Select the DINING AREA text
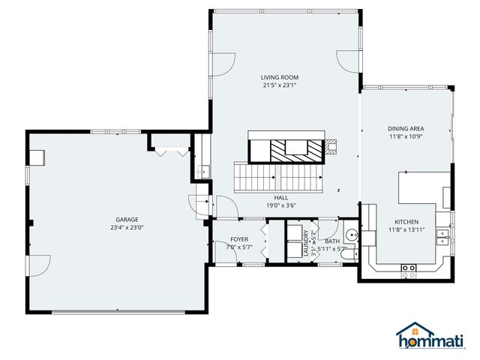406,129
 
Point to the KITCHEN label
406,222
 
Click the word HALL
281,197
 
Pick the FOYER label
239,239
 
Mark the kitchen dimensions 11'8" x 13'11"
406,230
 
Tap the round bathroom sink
352,235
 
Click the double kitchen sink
443,237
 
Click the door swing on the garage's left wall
39,265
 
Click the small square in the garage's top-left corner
37,157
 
